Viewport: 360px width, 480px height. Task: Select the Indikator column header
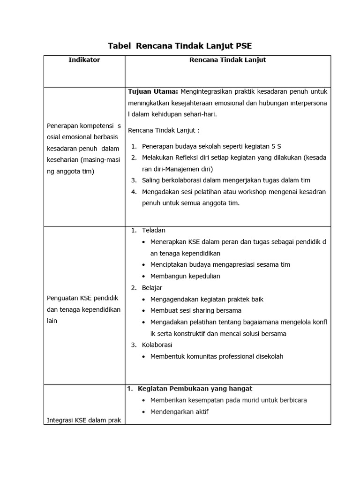click(84, 60)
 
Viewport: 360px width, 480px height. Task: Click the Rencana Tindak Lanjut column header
click(228, 60)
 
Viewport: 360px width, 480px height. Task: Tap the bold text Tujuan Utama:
click(149, 91)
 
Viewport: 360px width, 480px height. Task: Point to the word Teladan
click(154, 230)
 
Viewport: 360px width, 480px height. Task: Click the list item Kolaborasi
click(157, 345)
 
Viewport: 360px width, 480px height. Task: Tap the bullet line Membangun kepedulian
click(185, 276)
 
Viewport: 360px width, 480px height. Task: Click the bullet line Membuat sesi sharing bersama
click(196, 310)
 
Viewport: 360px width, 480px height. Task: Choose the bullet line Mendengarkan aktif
click(179, 412)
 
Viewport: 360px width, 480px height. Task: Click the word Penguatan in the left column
click(62, 298)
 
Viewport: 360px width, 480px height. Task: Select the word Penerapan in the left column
click(62, 126)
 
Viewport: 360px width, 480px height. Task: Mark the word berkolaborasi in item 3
click(177, 180)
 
